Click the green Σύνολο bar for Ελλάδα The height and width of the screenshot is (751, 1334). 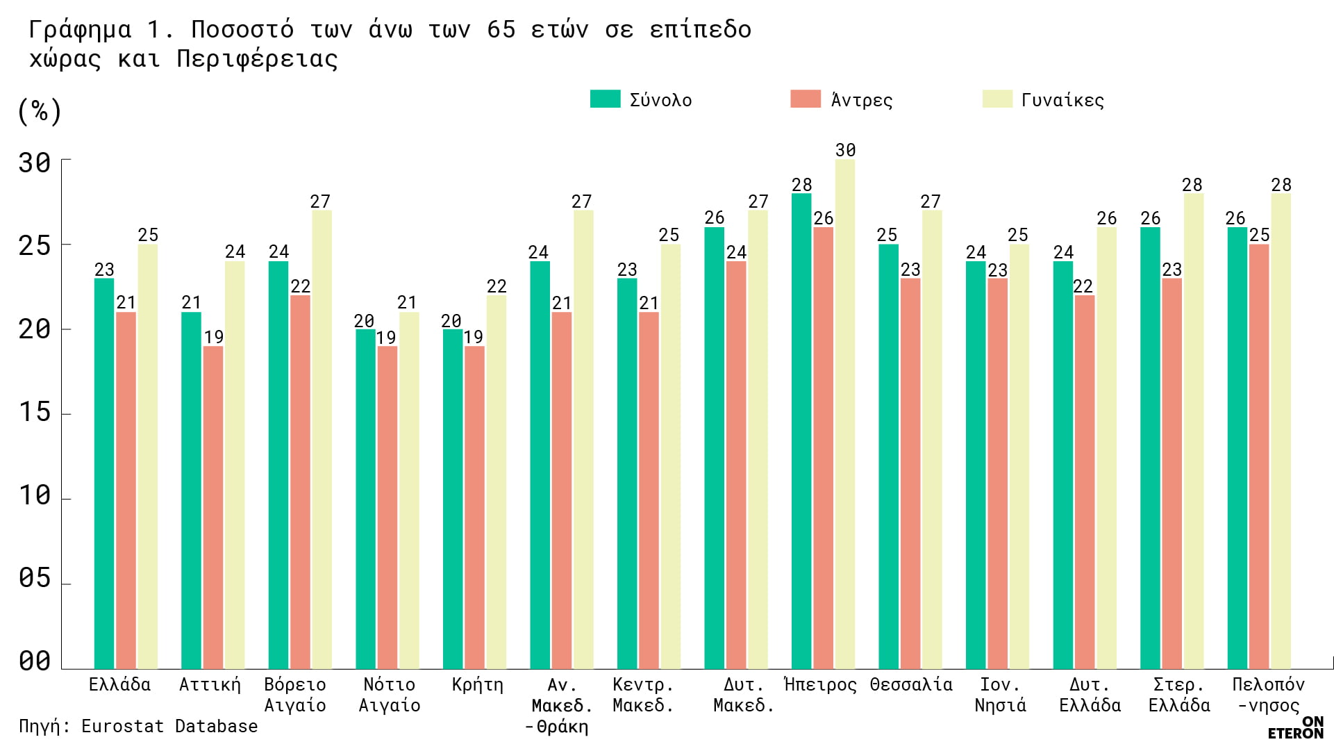coord(104,472)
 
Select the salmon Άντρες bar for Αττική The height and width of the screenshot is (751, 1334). coord(213,507)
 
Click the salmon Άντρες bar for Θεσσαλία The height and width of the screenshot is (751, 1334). coord(910,472)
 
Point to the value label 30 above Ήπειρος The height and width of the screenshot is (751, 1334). coord(845,150)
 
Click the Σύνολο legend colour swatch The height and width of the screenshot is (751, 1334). coord(605,99)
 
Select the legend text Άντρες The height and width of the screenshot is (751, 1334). coord(862,100)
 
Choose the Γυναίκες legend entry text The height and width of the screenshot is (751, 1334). coord(1062,100)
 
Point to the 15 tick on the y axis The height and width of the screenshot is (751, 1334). coord(35,413)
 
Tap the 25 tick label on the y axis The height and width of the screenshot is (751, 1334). coord(35,246)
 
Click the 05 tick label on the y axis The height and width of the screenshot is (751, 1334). coord(35,578)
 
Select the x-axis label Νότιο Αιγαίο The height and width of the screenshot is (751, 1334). coord(389,695)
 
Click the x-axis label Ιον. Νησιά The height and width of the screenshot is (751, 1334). coord(1000,695)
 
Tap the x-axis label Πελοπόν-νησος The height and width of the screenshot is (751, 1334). coord(1268,695)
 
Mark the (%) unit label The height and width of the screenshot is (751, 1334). coord(40,111)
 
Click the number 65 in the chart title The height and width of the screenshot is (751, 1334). coord(501,29)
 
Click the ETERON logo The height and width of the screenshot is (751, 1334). coord(1296,727)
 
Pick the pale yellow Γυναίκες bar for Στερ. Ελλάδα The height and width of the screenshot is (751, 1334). coord(1194,431)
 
